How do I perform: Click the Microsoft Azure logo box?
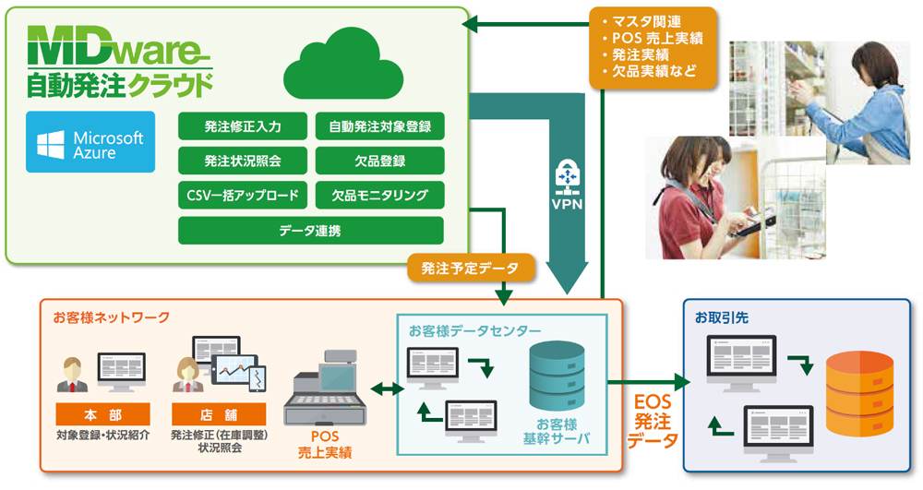tap(90, 142)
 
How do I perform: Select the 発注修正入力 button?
tap(243, 125)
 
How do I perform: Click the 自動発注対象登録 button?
tap(379, 125)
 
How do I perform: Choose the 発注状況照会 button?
tap(243, 161)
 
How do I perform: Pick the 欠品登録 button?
tap(379, 161)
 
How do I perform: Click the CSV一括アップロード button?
tap(243, 195)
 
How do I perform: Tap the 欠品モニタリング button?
tap(379, 195)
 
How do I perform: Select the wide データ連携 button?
tap(310, 231)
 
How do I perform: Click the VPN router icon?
tap(567, 174)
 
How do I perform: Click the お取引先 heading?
tap(722, 317)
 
